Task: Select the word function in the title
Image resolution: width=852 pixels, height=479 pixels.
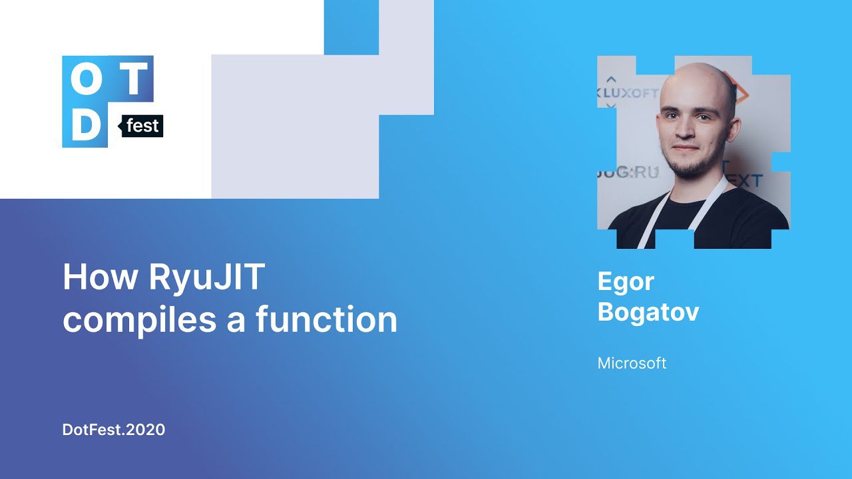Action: pyautogui.click(x=327, y=319)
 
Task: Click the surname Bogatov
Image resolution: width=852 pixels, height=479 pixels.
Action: pyautogui.click(x=648, y=313)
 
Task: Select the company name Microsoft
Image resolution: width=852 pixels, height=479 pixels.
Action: pyautogui.click(x=632, y=363)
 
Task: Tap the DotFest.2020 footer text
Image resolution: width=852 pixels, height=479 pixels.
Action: pyautogui.click(x=113, y=430)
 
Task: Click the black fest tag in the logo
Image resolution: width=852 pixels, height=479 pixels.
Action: pyautogui.click(x=141, y=126)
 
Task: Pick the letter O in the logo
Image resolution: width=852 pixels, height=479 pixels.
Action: pyautogui.click(x=87, y=79)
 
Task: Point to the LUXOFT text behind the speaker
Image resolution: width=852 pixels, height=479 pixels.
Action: pyautogui.click(x=630, y=94)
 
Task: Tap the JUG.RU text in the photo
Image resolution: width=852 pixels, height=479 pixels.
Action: pyautogui.click(x=628, y=172)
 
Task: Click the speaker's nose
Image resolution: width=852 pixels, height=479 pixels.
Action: pyautogui.click(x=685, y=129)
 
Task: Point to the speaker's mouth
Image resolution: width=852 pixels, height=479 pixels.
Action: pyautogui.click(x=686, y=148)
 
